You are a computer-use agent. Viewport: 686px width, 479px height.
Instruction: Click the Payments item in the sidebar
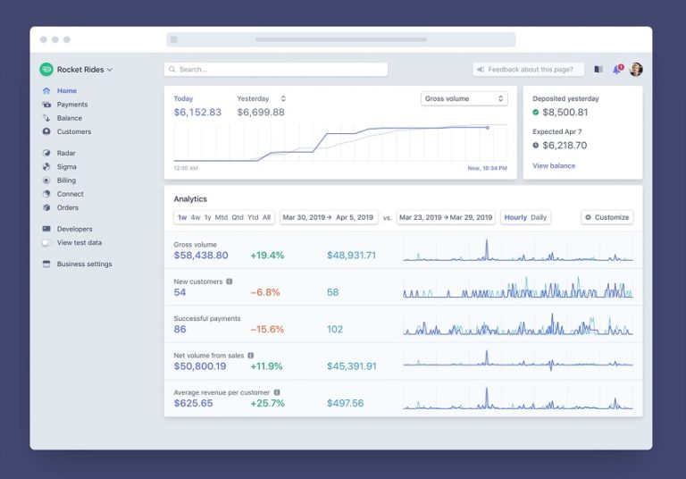[71, 105]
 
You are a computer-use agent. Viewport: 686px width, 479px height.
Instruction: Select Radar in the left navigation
[65, 153]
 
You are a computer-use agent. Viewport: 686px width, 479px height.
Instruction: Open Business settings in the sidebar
[84, 264]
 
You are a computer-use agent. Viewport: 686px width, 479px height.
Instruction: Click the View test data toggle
[46, 243]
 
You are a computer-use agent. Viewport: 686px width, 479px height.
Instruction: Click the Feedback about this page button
[529, 70]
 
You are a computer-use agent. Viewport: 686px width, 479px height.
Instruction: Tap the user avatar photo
[636, 70]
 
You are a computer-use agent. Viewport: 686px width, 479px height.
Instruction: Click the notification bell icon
[616, 70]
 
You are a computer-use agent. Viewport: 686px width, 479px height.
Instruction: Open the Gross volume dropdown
[464, 98]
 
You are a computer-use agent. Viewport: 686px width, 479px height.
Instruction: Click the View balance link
[554, 165]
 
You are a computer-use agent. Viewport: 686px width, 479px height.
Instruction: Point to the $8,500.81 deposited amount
[565, 113]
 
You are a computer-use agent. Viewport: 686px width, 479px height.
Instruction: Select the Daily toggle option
[539, 217]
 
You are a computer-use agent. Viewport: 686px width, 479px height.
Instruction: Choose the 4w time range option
[196, 217]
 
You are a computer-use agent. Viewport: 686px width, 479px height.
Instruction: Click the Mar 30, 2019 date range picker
[328, 217]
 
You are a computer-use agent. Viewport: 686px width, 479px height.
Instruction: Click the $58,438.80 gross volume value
[201, 256]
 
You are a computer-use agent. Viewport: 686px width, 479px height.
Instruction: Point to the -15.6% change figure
[267, 329]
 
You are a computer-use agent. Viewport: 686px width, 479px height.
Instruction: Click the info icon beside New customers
[230, 281]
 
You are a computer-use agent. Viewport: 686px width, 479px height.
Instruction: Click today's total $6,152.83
[197, 113]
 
